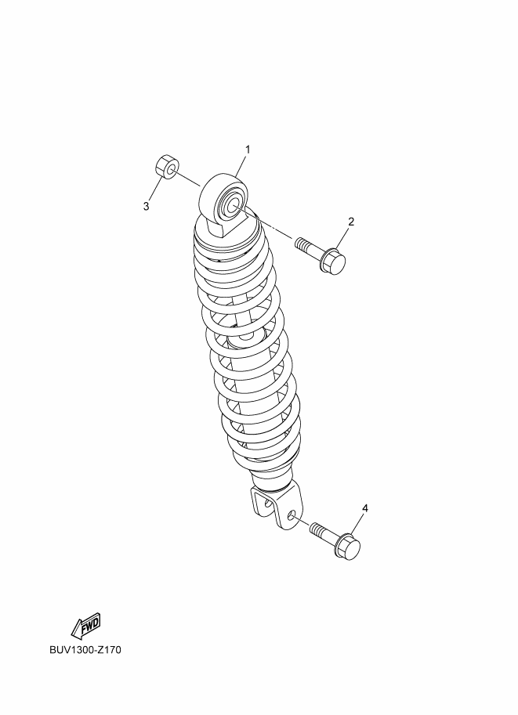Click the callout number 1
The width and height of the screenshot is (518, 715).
coord(248,150)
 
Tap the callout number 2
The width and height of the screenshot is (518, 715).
coord(351,222)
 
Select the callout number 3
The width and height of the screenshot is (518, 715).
coord(146,206)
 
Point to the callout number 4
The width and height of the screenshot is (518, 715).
coord(364,508)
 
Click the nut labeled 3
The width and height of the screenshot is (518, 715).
coord(168,168)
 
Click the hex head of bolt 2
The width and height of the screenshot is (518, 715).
coord(333,261)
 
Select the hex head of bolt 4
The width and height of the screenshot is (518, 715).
coord(348,545)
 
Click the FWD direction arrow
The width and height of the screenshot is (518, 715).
coord(85,624)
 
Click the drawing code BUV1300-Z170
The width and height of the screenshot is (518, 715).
coord(85,650)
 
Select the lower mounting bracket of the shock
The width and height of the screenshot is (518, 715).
coord(277,507)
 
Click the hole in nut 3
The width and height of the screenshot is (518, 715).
coord(172,171)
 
